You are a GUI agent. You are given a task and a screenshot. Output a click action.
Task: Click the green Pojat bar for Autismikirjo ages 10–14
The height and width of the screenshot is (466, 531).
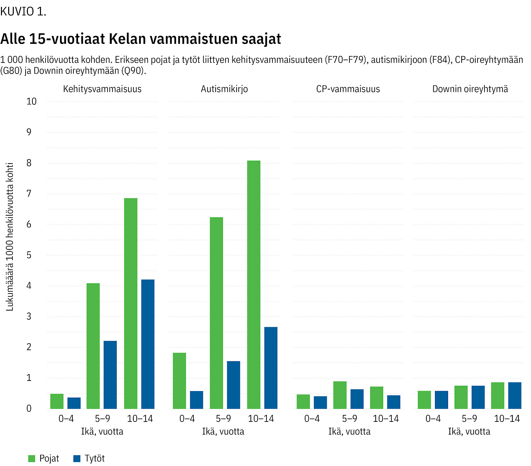(x=254, y=285)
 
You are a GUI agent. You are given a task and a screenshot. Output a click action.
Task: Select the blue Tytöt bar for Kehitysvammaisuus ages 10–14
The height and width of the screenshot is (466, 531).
(x=148, y=344)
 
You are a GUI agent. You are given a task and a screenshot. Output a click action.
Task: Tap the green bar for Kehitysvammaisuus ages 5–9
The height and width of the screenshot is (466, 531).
(x=93, y=346)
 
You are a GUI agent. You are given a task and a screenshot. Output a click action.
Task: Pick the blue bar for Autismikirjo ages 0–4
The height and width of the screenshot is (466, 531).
(x=196, y=400)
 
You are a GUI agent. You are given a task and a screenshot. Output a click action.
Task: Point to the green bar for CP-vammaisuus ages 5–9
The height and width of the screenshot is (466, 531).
(x=340, y=395)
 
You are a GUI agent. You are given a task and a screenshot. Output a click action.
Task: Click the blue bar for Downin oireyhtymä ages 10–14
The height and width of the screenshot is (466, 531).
(x=515, y=395)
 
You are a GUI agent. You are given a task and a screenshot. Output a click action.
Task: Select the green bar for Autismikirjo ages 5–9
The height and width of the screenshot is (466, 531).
(x=216, y=313)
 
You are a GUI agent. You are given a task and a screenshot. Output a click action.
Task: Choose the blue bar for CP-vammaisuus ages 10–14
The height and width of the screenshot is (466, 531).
(x=394, y=402)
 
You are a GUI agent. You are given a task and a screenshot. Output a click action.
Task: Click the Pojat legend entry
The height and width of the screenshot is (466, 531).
(x=44, y=458)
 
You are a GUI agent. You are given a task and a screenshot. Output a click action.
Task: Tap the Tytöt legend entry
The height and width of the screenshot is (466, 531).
(x=89, y=458)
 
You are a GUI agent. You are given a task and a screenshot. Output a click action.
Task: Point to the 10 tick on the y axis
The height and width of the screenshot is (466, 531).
(x=31, y=101)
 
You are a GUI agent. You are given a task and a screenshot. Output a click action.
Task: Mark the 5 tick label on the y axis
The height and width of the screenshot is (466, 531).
(x=29, y=255)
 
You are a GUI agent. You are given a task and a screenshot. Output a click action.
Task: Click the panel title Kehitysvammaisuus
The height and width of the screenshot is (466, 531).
(x=102, y=89)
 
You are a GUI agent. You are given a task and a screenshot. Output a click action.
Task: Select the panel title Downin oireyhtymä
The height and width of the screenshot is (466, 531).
(x=470, y=89)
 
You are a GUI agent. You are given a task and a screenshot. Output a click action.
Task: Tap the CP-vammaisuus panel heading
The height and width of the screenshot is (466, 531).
(x=348, y=89)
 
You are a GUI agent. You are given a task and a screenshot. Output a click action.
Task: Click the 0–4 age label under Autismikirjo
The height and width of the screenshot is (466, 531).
(x=187, y=419)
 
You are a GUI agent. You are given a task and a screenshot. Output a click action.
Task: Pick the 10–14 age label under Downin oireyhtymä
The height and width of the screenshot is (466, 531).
(x=507, y=419)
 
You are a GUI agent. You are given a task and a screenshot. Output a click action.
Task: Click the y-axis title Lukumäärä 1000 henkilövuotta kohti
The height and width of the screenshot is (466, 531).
(x=10, y=237)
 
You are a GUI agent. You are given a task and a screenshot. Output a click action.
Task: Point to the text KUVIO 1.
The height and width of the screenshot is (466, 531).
(x=23, y=12)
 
